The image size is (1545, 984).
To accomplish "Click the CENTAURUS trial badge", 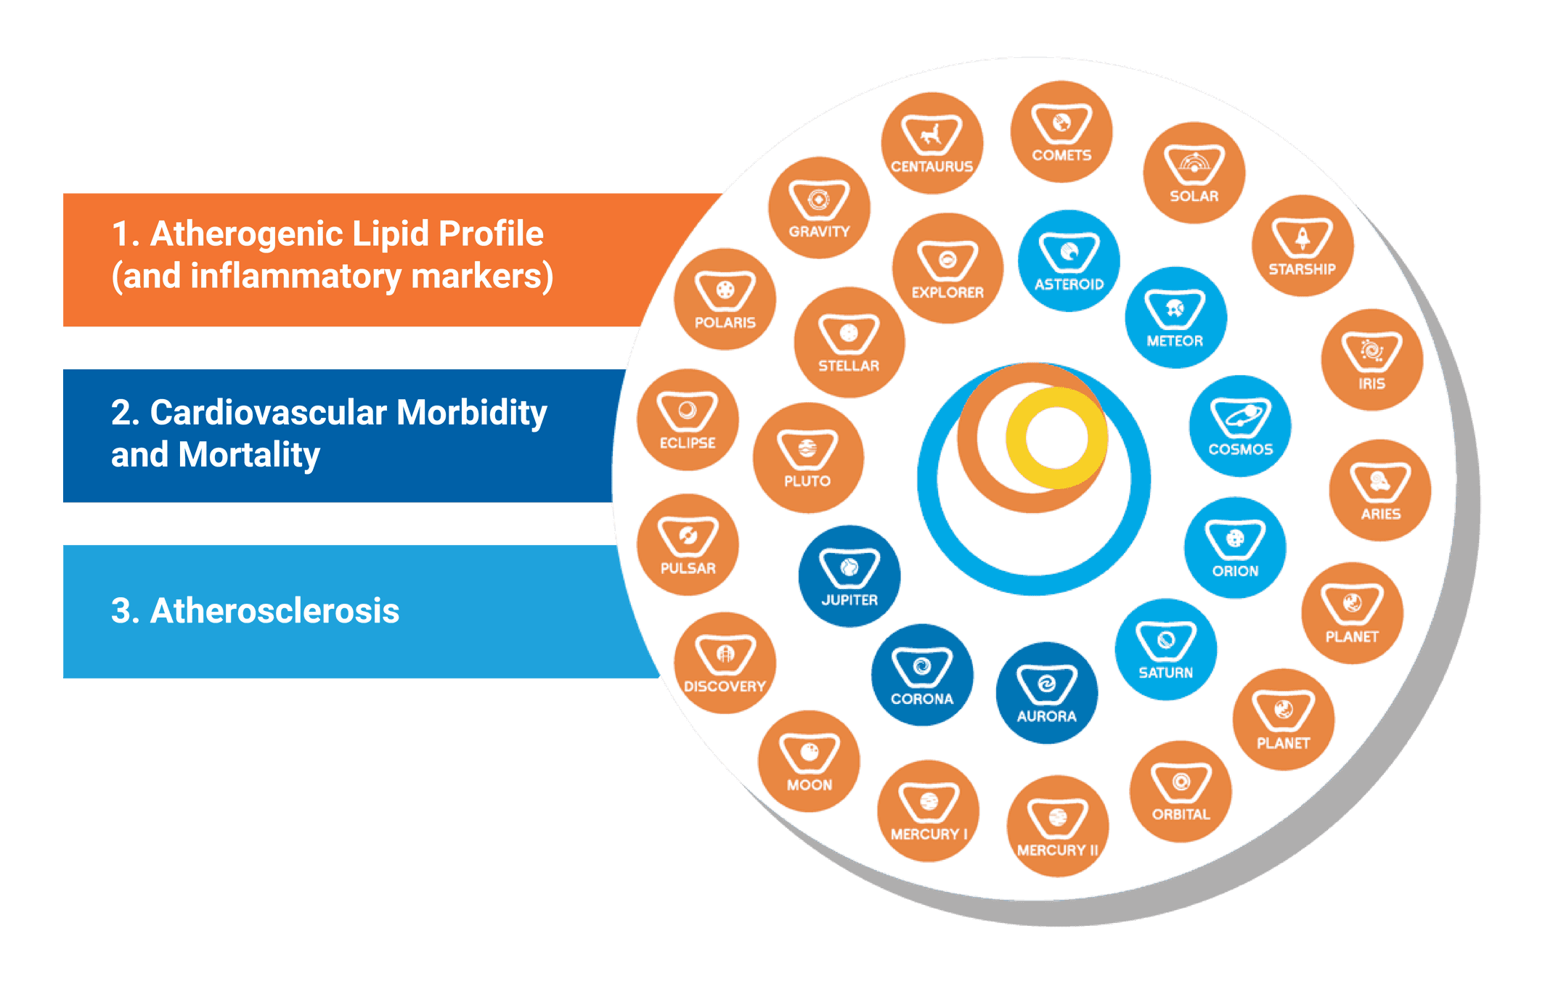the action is pos(932,143).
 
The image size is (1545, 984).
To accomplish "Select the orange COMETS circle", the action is pos(1061,131).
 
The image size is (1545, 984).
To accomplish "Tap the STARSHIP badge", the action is pos(1303,245).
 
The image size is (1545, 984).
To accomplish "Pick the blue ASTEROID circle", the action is pos(1069,261).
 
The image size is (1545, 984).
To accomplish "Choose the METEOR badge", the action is pos(1175,317).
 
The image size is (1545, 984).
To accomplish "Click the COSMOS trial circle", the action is pos(1240,426).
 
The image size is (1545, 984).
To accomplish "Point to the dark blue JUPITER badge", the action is pos(849,576).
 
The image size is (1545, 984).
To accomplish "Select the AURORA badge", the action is pos(1047,692).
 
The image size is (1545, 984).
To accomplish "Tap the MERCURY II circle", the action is pos(1058,826).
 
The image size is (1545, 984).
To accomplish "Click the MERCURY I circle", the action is pos(929,811).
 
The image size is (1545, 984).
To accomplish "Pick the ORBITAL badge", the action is pos(1181,791).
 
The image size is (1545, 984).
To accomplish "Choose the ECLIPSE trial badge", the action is pos(688,419).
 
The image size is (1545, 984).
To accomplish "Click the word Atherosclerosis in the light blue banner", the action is pos(274,610).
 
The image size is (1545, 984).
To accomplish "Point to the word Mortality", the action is pos(249,456).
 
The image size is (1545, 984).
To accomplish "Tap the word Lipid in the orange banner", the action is pos(391,235).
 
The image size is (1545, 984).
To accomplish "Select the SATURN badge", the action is pos(1166,649).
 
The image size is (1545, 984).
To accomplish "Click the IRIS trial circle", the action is pos(1372,359).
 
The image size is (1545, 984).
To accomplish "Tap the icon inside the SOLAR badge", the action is pos(1194,164).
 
